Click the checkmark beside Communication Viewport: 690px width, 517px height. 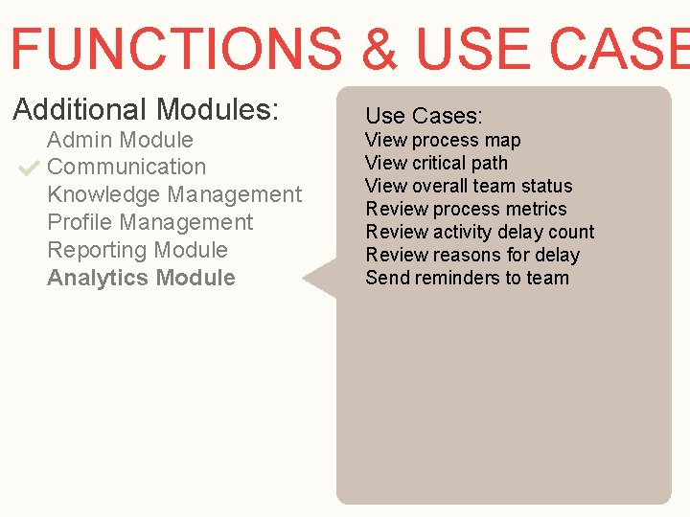click(28, 169)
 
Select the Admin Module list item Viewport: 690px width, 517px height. click(120, 140)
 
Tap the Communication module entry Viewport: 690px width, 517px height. click(126, 167)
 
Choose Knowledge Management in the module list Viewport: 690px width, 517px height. click(174, 194)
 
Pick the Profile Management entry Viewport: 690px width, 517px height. click(150, 222)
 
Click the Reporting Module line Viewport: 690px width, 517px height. click(137, 250)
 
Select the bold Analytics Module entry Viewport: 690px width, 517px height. click(141, 278)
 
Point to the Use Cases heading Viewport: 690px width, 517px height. click(424, 116)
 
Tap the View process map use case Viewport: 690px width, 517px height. click(443, 140)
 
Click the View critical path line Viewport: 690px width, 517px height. click(436, 163)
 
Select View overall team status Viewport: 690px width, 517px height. click(469, 186)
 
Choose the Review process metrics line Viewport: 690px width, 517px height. click(466, 209)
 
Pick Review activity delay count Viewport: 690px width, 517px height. click(479, 232)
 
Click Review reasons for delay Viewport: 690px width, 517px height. click(472, 255)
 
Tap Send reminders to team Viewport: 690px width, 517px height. click(467, 278)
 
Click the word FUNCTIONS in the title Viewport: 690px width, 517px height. click(175, 49)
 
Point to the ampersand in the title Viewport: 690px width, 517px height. click(380, 49)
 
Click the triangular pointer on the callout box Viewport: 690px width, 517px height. click(322, 279)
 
